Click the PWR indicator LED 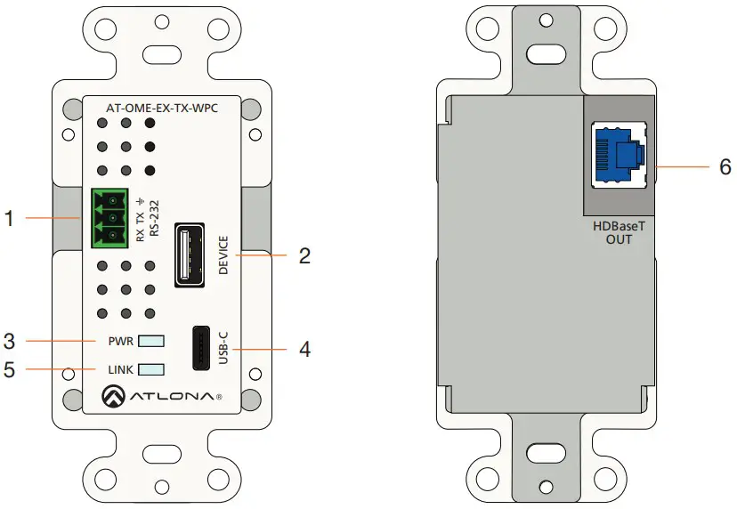[x=152, y=341]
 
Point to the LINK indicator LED [x=152, y=369]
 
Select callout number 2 [x=304, y=256]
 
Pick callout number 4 [x=304, y=349]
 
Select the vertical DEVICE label [x=223, y=255]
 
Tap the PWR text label [x=121, y=341]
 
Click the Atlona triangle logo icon [x=113, y=394]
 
